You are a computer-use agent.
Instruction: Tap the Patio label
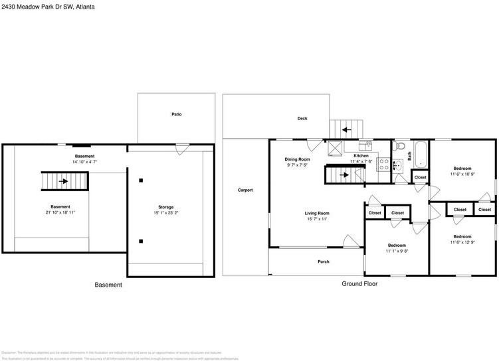[x=176, y=114]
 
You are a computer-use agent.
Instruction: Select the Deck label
[x=302, y=119]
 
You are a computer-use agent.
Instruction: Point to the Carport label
[x=245, y=190]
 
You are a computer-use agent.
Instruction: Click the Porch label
[x=324, y=261]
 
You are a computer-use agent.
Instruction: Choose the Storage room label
[x=166, y=207]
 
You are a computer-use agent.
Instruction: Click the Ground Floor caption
[x=359, y=284]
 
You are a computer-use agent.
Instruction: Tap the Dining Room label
[x=298, y=159]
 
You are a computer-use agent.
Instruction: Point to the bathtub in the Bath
[x=420, y=154]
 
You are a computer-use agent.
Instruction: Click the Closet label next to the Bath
[x=420, y=178]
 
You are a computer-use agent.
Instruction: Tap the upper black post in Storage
[x=141, y=180]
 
